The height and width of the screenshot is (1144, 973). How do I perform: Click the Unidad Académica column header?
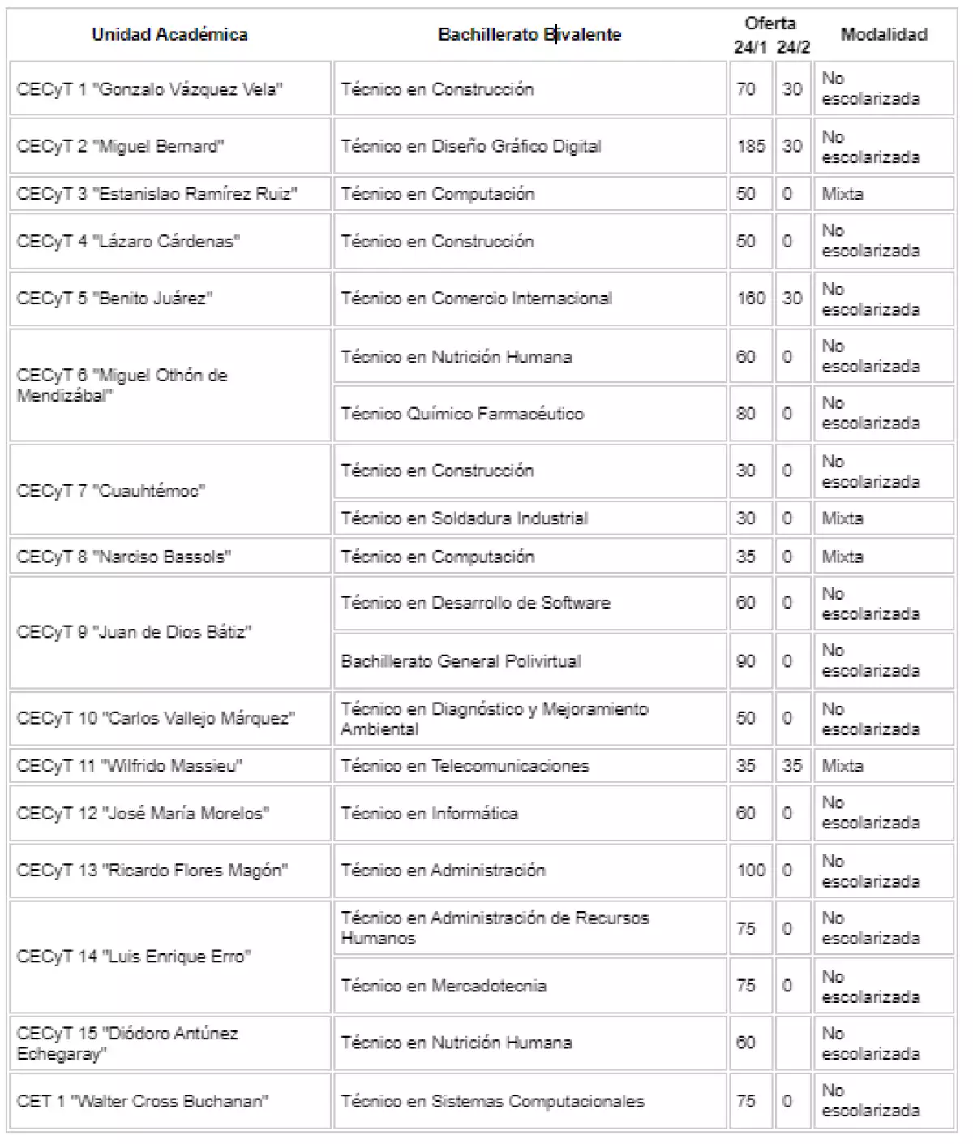169,34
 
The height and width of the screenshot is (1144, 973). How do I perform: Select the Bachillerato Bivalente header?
529,34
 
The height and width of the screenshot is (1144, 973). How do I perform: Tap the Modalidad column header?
884,34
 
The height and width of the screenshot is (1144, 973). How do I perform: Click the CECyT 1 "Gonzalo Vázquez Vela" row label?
149,89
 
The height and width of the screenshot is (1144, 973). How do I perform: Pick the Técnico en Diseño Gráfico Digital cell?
471,147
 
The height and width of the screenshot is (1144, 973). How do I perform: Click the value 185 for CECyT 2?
751,147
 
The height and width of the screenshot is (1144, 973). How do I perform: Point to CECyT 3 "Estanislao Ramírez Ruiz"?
156,194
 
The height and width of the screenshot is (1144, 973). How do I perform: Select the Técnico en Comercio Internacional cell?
476,299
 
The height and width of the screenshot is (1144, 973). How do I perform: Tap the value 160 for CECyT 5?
751,299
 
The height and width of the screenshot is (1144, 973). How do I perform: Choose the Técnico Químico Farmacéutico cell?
462,414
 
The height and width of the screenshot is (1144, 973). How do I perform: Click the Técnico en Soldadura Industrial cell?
464,518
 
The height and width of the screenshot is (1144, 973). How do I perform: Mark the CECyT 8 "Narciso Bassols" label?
123,557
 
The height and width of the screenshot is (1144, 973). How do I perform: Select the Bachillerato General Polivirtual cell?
461,661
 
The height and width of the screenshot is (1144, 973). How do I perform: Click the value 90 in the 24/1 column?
746,661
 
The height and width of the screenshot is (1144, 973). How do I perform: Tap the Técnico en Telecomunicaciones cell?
465,766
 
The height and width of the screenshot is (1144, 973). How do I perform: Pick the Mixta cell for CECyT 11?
842,766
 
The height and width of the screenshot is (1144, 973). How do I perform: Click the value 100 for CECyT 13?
751,871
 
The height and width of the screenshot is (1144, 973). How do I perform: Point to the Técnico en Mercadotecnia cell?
444,986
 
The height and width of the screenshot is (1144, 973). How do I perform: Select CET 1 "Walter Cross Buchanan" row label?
143,1101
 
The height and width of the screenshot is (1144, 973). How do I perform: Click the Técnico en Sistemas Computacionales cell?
492,1101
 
